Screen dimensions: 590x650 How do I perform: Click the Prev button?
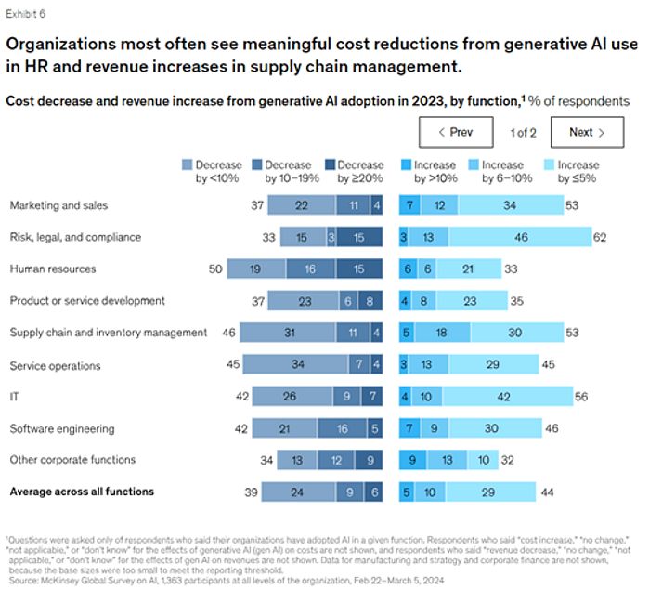pyautogui.click(x=454, y=132)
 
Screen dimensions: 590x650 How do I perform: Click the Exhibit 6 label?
pyautogui.click(x=28, y=15)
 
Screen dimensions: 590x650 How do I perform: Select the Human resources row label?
pyautogui.click(x=54, y=269)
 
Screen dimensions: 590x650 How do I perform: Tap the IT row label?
pyautogui.click(x=14, y=397)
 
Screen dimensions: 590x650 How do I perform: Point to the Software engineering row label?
pyautogui.click(x=61, y=428)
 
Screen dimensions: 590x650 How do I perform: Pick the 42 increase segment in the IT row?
pyautogui.click(x=503, y=397)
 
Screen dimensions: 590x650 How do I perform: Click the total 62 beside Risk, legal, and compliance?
pyautogui.click(x=600, y=237)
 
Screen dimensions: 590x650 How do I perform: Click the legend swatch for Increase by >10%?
pyautogui.click(x=406, y=164)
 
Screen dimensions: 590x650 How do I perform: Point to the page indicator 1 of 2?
pyautogui.click(x=523, y=132)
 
